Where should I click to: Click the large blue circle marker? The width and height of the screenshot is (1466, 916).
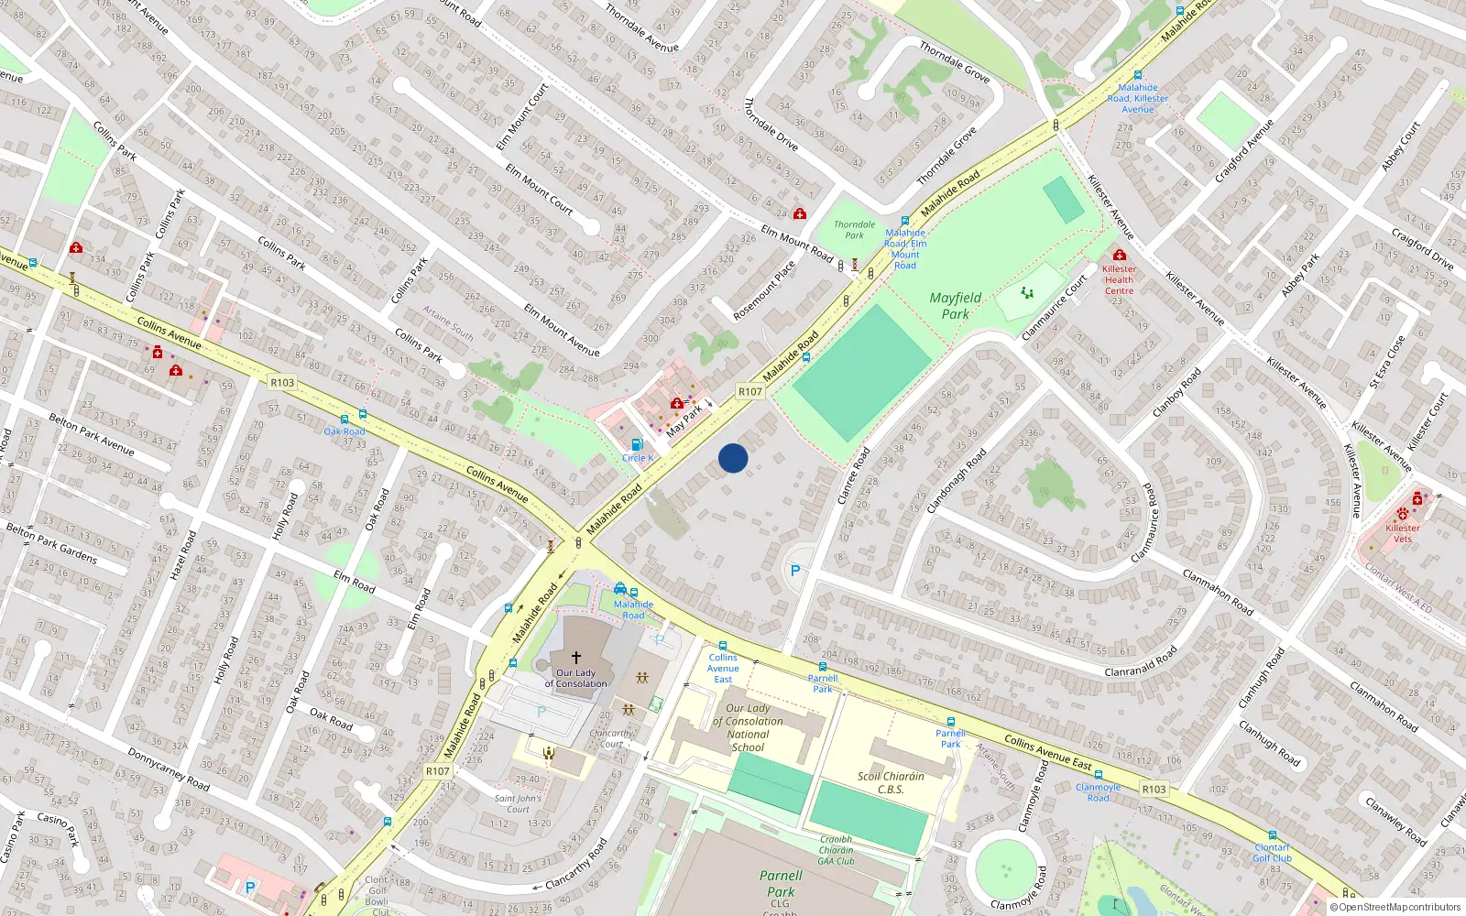click(x=733, y=458)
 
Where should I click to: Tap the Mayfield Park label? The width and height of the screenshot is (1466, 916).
click(x=955, y=306)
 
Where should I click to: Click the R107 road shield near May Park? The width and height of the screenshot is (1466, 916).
click(x=750, y=391)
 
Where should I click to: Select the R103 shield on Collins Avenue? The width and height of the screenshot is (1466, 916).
click(x=282, y=383)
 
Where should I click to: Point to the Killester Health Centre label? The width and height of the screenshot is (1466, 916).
click(x=1119, y=279)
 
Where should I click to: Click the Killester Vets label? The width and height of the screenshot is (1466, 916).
click(x=1402, y=533)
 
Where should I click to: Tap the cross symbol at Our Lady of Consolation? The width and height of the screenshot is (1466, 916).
click(x=576, y=657)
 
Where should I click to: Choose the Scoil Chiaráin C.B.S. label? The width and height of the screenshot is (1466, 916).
click(x=891, y=782)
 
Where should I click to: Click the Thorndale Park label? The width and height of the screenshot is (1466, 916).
click(x=854, y=230)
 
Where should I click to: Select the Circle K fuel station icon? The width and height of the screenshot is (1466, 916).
click(x=637, y=444)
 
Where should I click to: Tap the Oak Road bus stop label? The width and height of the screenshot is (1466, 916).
click(x=345, y=431)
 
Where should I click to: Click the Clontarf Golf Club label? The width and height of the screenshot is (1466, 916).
click(x=1272, y=853)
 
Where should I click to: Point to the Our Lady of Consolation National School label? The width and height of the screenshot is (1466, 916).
click(x=748, y=727)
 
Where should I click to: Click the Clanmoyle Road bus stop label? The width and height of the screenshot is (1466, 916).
click(x=1098, y=792)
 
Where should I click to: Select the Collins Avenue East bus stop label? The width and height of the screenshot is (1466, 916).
click(x=723, y=668)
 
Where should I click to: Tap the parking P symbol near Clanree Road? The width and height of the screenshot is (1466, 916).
click(x=795, y=571)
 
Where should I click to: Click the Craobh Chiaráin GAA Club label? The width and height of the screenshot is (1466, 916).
click(x=836, y=850)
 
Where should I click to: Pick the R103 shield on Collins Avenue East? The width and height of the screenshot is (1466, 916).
click(x=1154, y=789)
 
